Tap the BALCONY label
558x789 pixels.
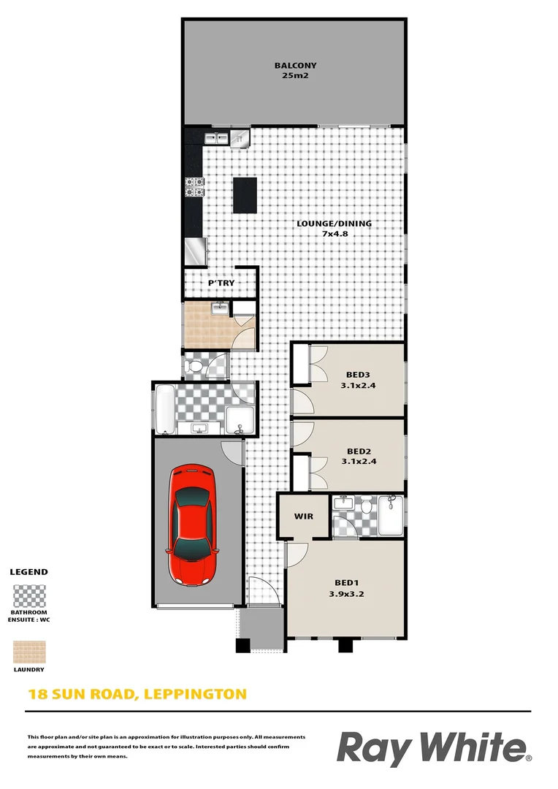click(x=295, y=65)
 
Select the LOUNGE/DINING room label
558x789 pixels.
click(x=334, y=224)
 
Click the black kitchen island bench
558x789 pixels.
click(x=245, y=195)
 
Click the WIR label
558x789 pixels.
click(x=304, y=517)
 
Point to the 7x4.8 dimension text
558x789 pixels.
click(x=334, y=235)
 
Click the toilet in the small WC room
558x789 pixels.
click(x=194, y=365)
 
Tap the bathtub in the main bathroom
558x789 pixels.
click(x=164, y=409)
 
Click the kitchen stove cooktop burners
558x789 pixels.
click(x=194, y=187)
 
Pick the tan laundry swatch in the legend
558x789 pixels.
click(x=29, y=652)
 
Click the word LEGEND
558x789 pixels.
click(x=29, y=572)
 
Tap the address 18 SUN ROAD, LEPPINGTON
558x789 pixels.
click(x=137, y=693)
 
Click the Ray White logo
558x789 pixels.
click(x=434, y=748)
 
